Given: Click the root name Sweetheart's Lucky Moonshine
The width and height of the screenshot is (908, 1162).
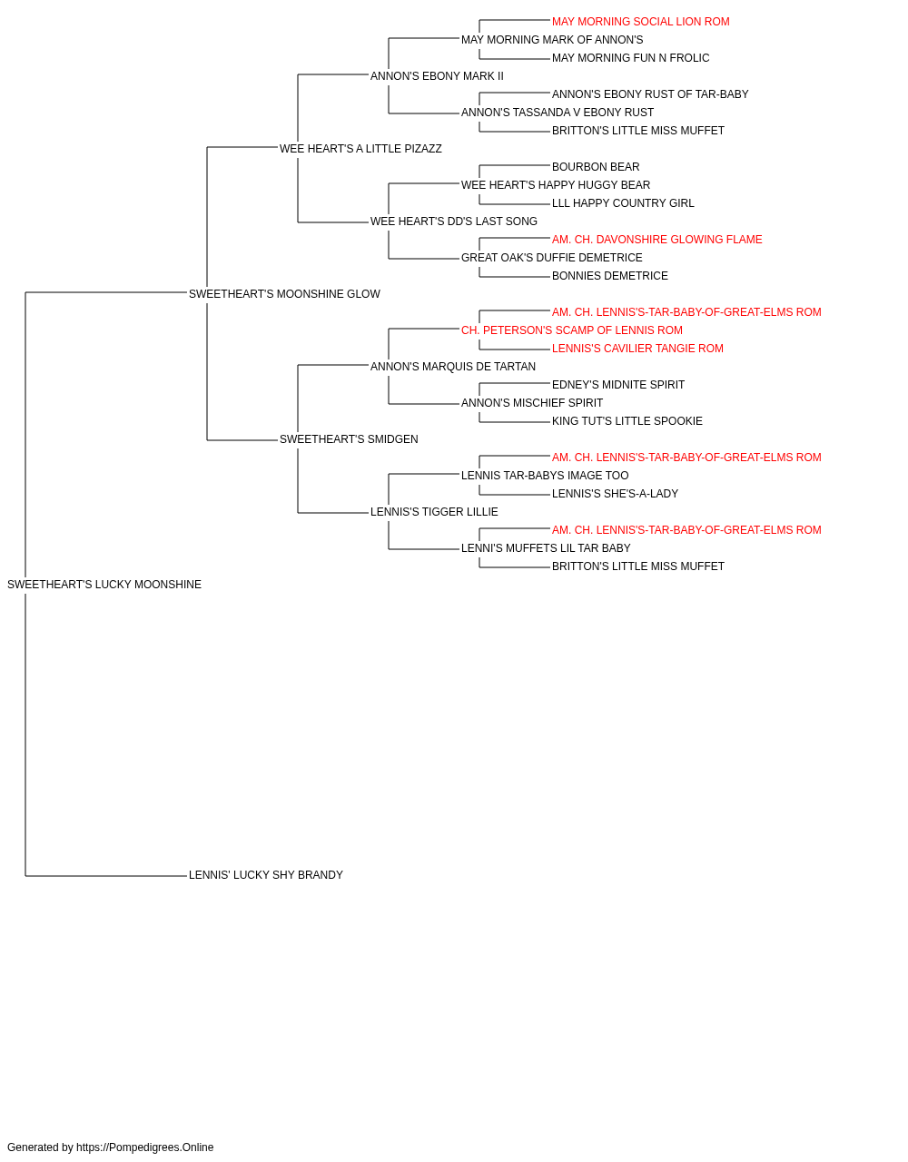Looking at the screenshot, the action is click(x=104, y=585).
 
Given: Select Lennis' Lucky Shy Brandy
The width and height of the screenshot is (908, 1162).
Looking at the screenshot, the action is click(x=266, y=875).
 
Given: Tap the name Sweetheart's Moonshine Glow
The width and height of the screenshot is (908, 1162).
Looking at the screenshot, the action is click(x=284, y=294).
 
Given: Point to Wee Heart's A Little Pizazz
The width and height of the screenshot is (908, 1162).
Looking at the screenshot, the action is click(x=360, y=149).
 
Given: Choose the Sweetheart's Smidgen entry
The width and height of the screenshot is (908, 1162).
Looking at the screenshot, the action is click(x=349, y=439).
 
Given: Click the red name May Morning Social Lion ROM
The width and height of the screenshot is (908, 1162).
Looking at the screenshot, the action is click(x=641, y=22).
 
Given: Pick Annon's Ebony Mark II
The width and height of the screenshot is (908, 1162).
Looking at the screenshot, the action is click(x=437, y=76).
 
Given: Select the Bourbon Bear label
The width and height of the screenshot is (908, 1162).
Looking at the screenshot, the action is click(x=596, y=167).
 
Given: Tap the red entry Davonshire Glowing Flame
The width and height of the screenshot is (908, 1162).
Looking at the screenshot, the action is click(x=657, y=240).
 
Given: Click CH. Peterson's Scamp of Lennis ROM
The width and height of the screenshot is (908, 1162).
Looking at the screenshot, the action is click(x=572, y=330).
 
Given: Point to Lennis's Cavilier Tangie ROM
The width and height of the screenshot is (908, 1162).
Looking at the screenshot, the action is click(x=637, y=349).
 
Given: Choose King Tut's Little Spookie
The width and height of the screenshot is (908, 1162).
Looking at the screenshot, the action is click(x=627, y=421).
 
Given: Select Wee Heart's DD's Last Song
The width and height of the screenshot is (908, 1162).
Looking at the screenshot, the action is click(x=454, y=222).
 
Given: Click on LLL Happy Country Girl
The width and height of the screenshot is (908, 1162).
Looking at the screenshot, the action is click(x=623, y=203).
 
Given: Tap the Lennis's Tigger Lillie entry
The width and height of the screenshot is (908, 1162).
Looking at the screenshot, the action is click(x=434, y=512).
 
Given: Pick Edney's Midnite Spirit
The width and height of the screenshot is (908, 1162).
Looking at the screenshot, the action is click(x=618, y=385).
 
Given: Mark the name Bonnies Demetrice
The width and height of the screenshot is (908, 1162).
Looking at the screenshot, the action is click(x=610, y=276).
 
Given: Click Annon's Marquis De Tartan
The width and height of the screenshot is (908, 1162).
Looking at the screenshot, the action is click(x=453, y=367).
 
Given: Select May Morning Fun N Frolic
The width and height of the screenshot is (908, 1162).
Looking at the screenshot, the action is click(x=630, y=58).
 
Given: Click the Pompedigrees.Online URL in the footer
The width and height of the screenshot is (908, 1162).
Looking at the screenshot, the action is click(x=145, y=1147).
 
